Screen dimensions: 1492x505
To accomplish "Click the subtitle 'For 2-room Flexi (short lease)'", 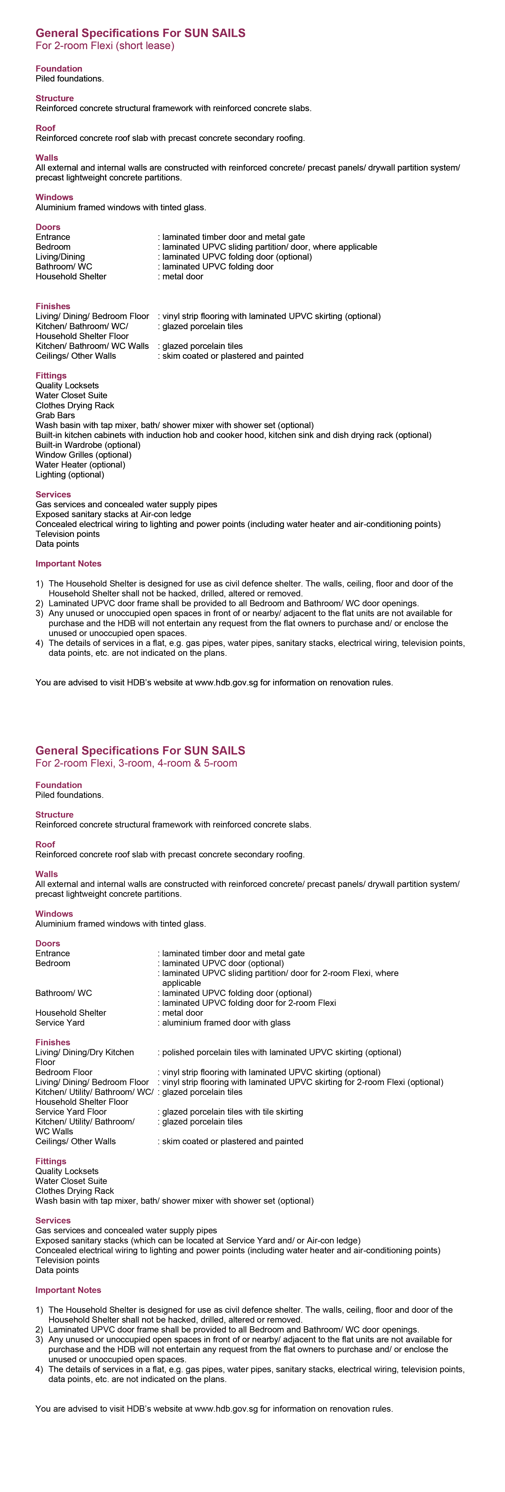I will coord(105,46).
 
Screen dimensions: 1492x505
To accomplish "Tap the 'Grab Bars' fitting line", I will coord(55,415).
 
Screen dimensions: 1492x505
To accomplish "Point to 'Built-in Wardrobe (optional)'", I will coord(88,445).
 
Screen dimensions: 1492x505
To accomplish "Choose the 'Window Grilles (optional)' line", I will coord(83,455).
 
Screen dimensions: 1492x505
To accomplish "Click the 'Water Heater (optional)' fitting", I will coord(81,465).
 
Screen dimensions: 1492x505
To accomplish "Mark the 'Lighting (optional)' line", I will coord(70,474).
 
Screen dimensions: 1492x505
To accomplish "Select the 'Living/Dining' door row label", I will coord(60,257).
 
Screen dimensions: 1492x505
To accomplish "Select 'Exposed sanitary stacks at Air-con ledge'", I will coord(113,514).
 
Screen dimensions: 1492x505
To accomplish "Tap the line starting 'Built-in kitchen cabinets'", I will coord(233,435).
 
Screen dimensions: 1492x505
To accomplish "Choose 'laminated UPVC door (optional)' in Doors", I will coord(223,963).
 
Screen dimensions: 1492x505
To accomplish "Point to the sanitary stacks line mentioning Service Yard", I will coord(198,1240).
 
